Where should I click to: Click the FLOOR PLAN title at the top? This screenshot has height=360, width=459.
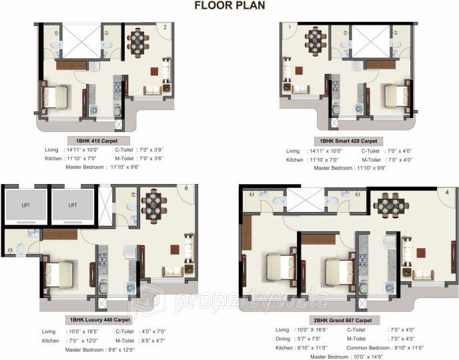229,6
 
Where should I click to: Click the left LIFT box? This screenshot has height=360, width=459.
25,205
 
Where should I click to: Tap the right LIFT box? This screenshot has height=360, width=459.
72,205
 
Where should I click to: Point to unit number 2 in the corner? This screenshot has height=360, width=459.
165,27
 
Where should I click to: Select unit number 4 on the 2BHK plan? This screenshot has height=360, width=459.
446,193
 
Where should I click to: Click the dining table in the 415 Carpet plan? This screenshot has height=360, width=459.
138,42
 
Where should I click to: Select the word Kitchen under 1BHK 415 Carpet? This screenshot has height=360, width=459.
52,160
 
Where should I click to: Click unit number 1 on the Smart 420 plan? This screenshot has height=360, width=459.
290,27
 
